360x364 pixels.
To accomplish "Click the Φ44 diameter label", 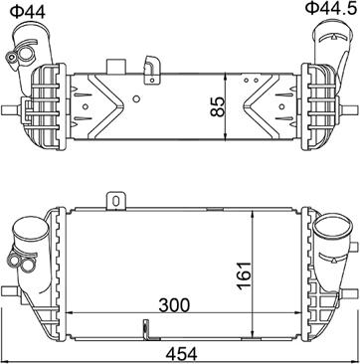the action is click(x=27, y=12).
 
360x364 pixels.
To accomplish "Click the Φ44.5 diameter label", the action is click(x=332, y=8).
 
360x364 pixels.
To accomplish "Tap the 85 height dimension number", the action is click(x=218, y=106).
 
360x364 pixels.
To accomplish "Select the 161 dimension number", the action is click(x=245, y=275).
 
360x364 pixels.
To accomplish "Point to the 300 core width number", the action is click(x=174, y=305).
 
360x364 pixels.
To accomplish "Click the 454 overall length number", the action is click(x=181, y=354).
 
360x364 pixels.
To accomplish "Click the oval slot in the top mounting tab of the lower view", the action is click(x=115, y=201).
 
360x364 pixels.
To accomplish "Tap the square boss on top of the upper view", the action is click(x=115, y=67).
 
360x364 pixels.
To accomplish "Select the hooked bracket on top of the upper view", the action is click(x=152, y=70).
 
